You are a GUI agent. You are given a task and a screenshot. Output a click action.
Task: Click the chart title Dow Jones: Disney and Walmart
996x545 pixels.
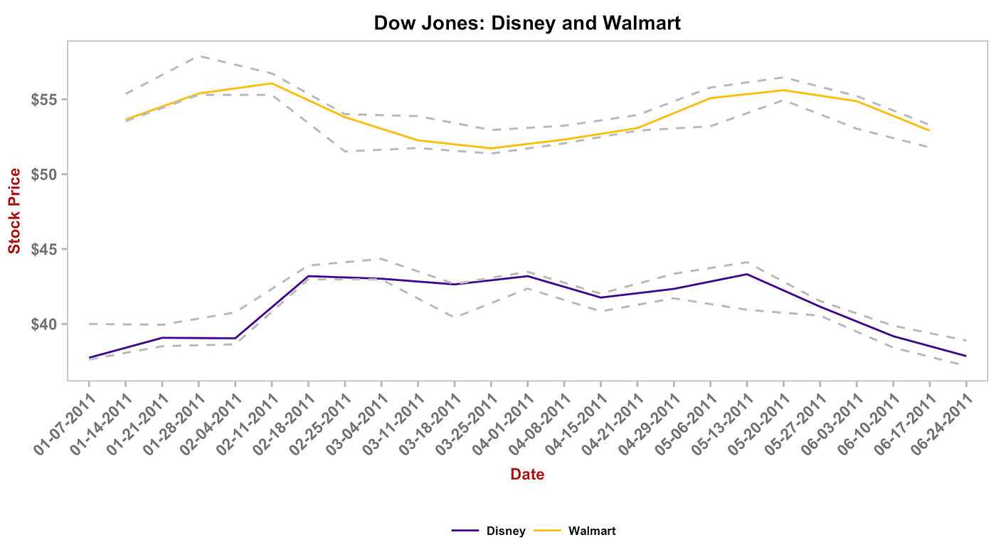point(527,23)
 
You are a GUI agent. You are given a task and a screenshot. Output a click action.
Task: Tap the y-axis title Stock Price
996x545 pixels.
point(14,211)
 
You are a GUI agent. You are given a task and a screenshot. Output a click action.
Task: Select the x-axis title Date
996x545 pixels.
point(527,475)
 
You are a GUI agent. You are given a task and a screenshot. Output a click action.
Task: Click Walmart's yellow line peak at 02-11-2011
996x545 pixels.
point(272,83)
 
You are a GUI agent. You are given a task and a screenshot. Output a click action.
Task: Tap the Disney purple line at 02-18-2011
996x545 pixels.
point(308,276)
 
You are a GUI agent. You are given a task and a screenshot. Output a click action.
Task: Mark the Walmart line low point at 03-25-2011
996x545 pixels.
point(491,148)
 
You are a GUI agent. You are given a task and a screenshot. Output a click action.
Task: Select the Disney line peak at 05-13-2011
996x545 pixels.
point(746,274)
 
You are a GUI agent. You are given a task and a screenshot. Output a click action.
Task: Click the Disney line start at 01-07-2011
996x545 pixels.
point(90,357)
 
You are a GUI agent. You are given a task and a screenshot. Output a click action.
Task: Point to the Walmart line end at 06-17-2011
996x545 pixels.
point(929,130)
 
